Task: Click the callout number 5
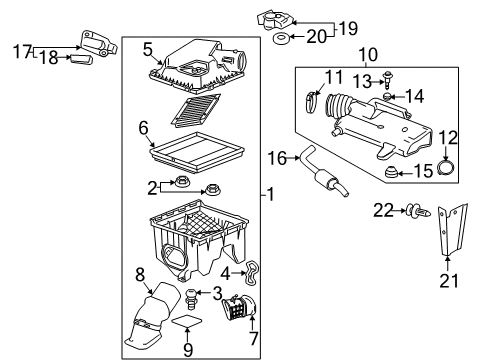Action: [147, 47]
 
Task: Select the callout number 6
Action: [143, 128]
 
